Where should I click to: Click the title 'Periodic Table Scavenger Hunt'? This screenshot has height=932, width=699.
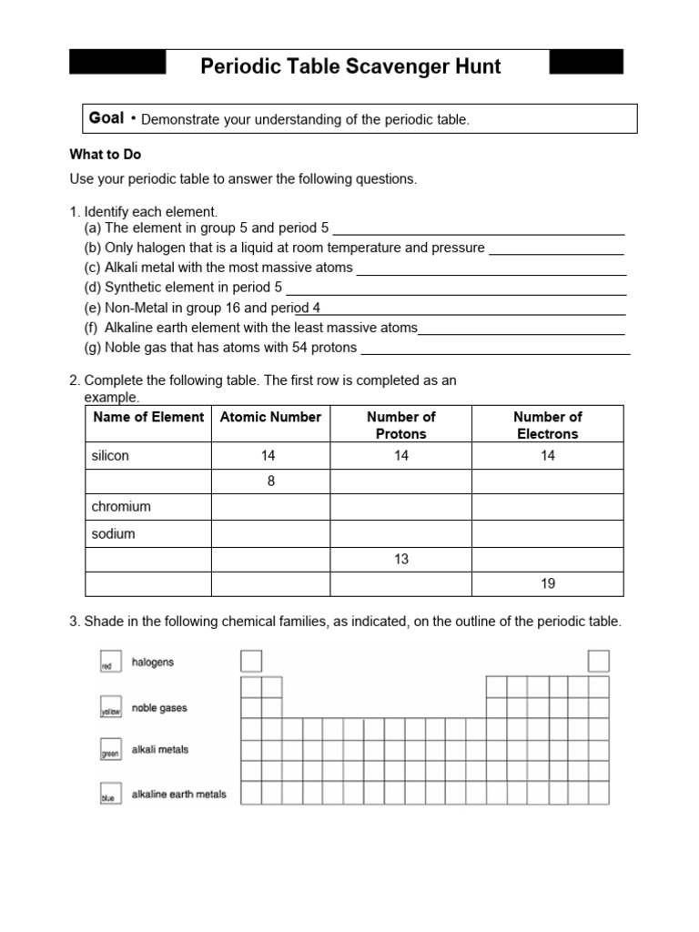tap(349, 67)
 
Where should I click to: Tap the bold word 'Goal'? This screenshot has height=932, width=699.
tap(106, 118)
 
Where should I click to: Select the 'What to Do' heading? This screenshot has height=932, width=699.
tap(106, 155)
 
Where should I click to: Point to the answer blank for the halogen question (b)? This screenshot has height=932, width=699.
tap(556, 248)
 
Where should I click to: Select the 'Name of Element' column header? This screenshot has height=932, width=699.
tap(147, 417)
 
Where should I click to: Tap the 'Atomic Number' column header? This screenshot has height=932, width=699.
tap(270, 417)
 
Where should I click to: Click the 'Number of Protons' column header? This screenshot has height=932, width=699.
tap(400, 425)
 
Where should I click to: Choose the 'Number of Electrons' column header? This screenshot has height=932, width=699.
tap(547, 425)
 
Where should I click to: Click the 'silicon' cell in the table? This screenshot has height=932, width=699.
tap(110, 456)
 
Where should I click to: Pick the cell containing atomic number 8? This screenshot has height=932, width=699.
tap(270, 481)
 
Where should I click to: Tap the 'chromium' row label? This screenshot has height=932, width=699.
tap(121, 507)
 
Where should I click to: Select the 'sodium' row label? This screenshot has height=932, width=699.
tap(113, 533)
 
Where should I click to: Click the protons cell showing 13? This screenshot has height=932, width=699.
tap(400, 559)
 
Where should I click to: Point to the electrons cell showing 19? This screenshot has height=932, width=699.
tap(547, 583)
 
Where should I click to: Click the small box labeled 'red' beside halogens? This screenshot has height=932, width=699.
tap(109, 664)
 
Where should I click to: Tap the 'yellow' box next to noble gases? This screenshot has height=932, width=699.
tap(109, 708)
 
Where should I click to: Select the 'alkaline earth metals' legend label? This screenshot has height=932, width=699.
tap(179, 795)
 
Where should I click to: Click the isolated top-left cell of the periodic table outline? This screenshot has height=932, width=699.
tap(250, 661)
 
